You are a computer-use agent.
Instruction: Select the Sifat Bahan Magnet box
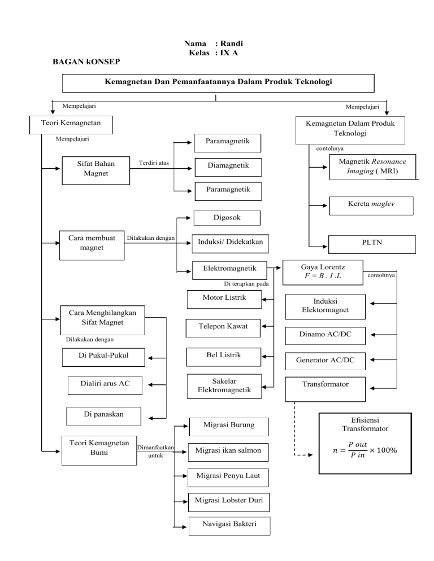point(96,168)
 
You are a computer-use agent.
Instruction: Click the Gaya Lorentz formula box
point(323,269)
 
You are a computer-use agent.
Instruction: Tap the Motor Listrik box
point(224,298)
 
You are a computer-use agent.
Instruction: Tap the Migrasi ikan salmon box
point(228,452)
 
